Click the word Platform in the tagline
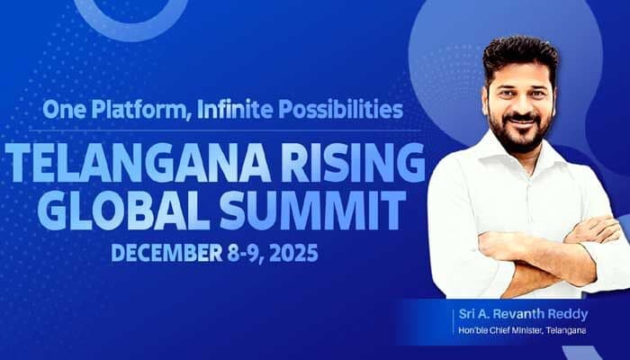point(130,111)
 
